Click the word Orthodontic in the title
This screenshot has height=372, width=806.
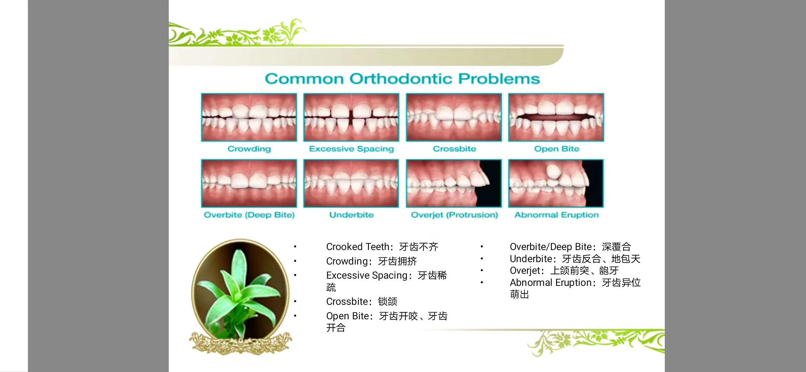point(401,79)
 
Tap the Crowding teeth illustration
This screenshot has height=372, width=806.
point(249,117)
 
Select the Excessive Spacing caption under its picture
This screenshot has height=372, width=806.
point(351,149)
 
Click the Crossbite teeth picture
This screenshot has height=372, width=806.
point(454,117)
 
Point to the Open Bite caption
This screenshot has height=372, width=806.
point(557,149)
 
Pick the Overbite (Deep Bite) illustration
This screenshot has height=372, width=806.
point(249,183)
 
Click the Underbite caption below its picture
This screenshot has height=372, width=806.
point(351,215)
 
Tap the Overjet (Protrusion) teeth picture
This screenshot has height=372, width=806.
point(454,183)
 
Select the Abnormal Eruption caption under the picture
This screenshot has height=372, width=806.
point(557,215)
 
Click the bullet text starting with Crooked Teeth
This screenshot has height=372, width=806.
point(382,247)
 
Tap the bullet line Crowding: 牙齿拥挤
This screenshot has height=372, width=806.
point(372,261)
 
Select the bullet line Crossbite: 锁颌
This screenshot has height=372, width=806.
point(362,302)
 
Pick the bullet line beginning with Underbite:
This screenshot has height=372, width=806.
point(575,259)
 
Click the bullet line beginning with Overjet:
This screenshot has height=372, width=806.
point(564,271)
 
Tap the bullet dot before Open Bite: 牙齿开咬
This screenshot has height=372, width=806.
point(295,316)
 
